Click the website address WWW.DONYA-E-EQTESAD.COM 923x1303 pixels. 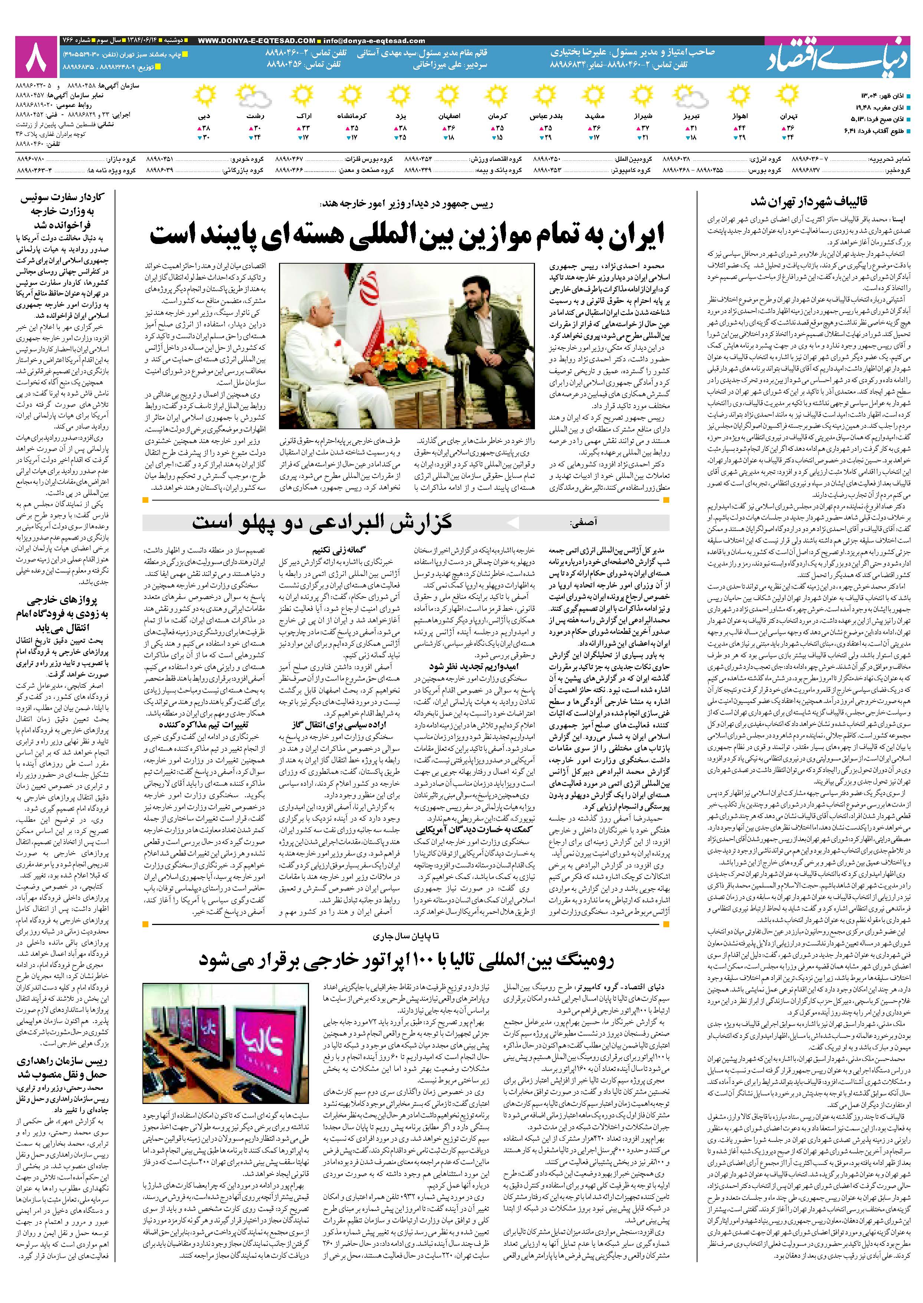point(256,41)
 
